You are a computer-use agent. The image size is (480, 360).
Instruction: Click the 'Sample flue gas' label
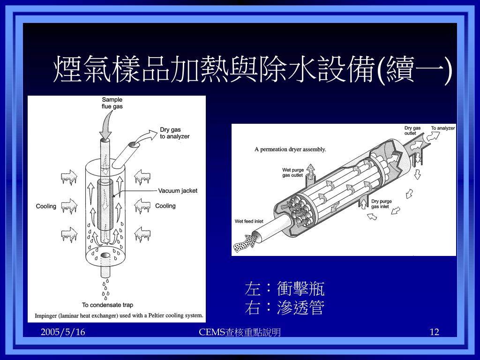112,103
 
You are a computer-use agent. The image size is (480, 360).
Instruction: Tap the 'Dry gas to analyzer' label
174,133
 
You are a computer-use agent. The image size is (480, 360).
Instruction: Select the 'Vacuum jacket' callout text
178,191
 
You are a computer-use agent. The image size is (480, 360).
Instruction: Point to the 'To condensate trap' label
107,305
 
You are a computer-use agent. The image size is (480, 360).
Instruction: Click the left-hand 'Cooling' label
46,206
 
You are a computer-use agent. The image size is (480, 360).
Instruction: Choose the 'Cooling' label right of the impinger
165,206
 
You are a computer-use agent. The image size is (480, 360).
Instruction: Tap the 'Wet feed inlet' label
249,221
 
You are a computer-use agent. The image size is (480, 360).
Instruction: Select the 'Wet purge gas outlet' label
293,172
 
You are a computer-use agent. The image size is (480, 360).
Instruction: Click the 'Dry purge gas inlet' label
382,204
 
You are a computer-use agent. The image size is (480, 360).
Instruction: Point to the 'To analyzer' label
443,128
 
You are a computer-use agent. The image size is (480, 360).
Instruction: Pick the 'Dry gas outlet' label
412,130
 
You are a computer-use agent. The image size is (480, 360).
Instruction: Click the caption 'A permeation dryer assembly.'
290,150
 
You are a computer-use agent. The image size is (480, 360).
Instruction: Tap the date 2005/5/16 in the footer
63,332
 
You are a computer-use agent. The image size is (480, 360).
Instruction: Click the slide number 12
435,332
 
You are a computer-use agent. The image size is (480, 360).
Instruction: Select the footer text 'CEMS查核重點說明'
240,332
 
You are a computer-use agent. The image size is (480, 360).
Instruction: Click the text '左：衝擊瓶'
285,288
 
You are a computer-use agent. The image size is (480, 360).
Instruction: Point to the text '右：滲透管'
285,307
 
